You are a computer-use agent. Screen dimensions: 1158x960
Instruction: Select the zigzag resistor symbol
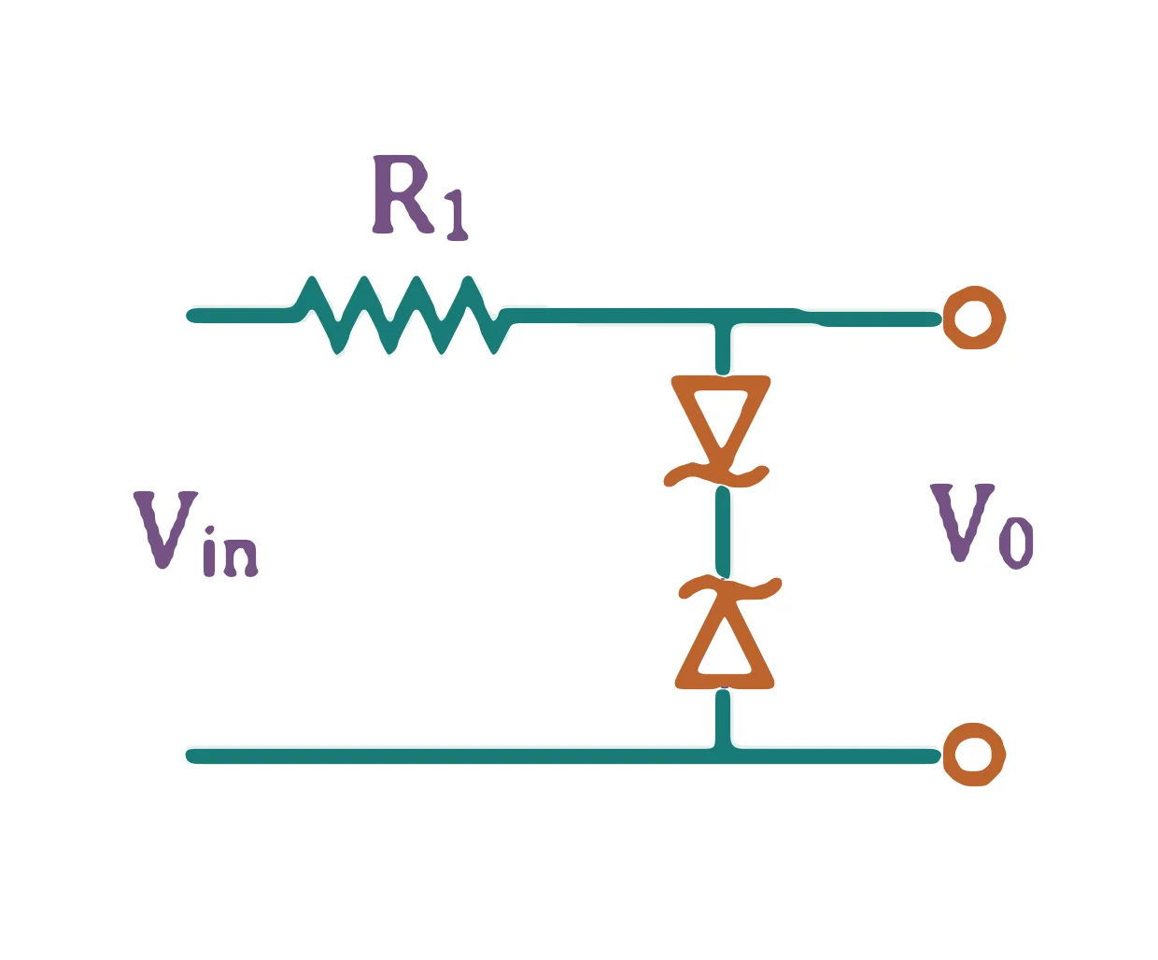tap(403, 315)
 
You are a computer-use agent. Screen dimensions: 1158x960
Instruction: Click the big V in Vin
tap(165, 529)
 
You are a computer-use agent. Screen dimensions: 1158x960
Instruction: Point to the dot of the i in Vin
tap(209, 530)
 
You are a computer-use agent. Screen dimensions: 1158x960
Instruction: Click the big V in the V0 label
tap(962, 522)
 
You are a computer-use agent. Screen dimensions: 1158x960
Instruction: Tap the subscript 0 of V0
tap(1015, 543)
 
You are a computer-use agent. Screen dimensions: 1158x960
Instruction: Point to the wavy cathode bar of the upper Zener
tap(716, 475)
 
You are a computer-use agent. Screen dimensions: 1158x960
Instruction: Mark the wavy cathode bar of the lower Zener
tap(730, 588)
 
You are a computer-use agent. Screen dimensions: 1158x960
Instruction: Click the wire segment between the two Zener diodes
tap(723, 531)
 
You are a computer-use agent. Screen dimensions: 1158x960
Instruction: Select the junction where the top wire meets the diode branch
tap(723, 317)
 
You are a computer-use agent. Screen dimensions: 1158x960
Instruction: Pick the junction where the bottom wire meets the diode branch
tap(723, 755)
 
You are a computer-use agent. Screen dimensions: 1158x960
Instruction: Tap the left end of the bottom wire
tap(191, 755)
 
